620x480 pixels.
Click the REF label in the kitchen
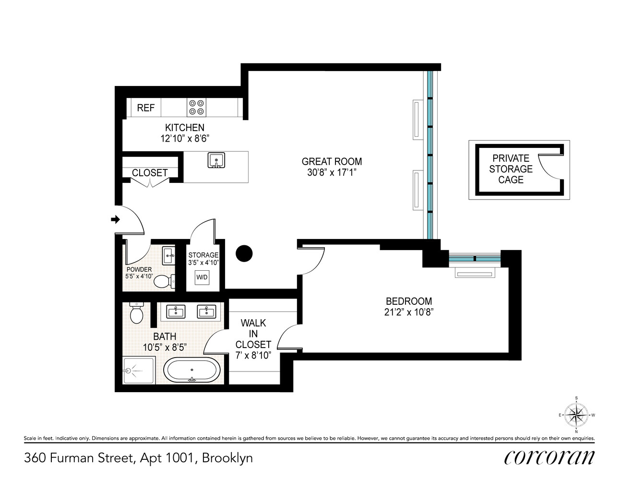tap(145, 108)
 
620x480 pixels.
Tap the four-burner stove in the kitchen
tap(196, 107)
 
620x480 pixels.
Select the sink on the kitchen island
tap(216, 160)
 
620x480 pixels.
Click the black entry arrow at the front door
tap(115, 219)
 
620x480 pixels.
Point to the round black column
tap(244, 253)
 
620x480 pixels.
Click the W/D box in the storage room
tap(202, 277)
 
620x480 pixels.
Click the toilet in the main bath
tap(136, 313)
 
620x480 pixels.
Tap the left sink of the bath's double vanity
tap(176, 312)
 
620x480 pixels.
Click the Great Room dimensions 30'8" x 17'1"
tap(332, 172)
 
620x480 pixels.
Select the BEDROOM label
tap(409, 301)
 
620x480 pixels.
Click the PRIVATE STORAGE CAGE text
tap(511, 169)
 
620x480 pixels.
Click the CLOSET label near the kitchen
tap(150, 173)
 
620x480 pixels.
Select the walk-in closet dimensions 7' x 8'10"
tap(253, 355)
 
